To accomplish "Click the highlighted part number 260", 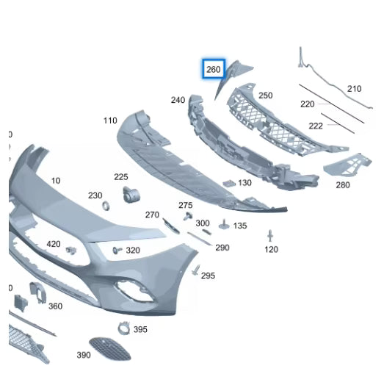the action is pos(214,69).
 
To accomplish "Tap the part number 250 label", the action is pos(266,96).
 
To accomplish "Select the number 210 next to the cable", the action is pos(355,89).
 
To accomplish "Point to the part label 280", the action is pos(343,184).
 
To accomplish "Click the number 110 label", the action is pos(110,121).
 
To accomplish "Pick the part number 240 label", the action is pos(178,100).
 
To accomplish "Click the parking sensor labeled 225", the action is pos(131,195).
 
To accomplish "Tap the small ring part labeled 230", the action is pos(106,206).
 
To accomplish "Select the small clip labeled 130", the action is pos(229,183).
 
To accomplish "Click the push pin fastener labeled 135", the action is pos(224,225).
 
